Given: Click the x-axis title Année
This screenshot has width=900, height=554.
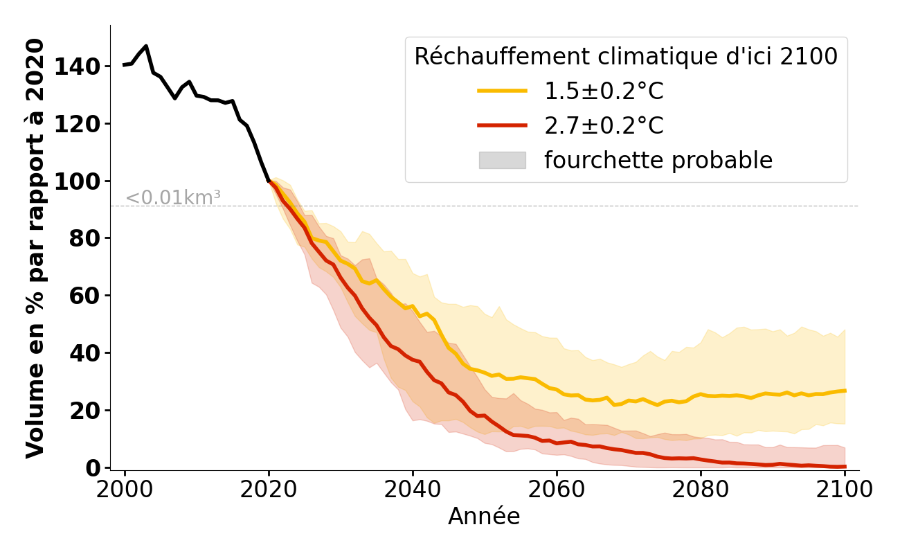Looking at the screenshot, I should click(x=484, y=517).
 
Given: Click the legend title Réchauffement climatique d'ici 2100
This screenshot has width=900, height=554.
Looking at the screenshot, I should click(x=626, y=57).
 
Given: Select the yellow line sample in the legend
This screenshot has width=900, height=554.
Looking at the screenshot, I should click(x=502, y=91).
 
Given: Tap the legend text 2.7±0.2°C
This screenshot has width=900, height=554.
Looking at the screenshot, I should click(x=604, y=126).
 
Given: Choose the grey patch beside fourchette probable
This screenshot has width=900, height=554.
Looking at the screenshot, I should click(x=502, y=160).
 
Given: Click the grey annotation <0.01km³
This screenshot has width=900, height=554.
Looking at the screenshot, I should click(x=173, y=198).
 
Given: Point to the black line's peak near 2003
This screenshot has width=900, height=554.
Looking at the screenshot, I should click(x=146, y=46).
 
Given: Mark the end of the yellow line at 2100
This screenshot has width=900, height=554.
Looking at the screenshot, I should click(x=845, y=391).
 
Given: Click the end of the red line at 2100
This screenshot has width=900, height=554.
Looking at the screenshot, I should click(x=845, y=466).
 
